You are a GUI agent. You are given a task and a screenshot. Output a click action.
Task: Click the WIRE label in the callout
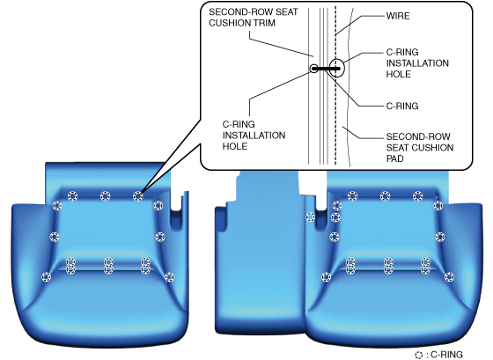click(x=398, y=16)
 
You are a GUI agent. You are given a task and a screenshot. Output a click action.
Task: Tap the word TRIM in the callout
click(x=262, y=23)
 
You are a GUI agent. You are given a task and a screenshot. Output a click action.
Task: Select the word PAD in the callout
click(x=395, y=158)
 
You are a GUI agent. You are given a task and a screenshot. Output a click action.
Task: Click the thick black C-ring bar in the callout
click(x=326, y=69)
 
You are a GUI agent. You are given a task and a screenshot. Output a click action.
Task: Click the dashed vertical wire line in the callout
click(x=335, y=84)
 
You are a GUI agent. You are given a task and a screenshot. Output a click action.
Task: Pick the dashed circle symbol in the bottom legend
click(x=419, y=356)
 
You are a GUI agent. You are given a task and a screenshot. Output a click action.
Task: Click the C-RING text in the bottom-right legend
click(x=447, y=355)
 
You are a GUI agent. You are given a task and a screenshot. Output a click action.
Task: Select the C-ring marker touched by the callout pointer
click(x=137, y=196)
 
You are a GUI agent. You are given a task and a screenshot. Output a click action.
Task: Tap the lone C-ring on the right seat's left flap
click(x=310, y=217)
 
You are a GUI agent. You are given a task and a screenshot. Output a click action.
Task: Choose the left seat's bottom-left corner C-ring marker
click(x=46, y=277)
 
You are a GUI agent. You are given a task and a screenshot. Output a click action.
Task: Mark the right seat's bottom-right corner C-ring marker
click(x=449, y=277)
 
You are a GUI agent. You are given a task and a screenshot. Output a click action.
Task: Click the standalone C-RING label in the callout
click(x=402, y=106)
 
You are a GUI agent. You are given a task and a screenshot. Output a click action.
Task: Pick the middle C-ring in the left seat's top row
click(x=105, y=196)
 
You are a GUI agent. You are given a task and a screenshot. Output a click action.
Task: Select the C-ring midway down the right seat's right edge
click(x=440, y=237)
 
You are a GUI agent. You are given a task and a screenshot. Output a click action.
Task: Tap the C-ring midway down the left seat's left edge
click(x=55, y=237)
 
